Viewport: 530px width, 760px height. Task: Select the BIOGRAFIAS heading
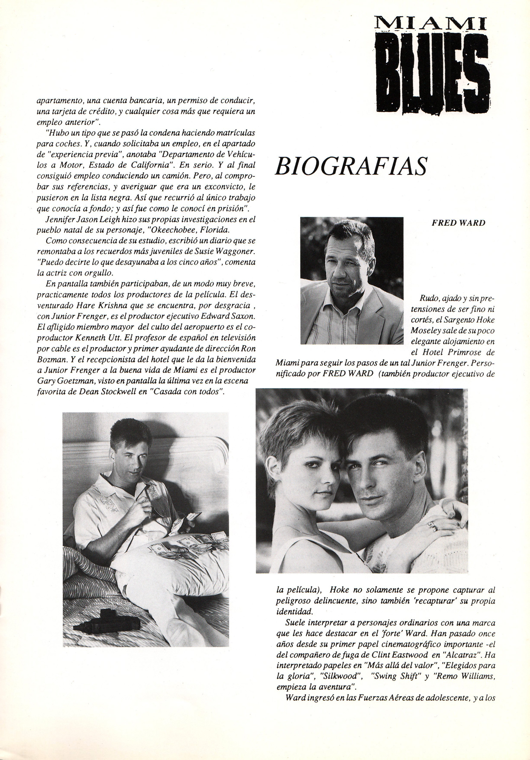351,166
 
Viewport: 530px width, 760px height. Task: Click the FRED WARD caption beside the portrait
458,223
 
